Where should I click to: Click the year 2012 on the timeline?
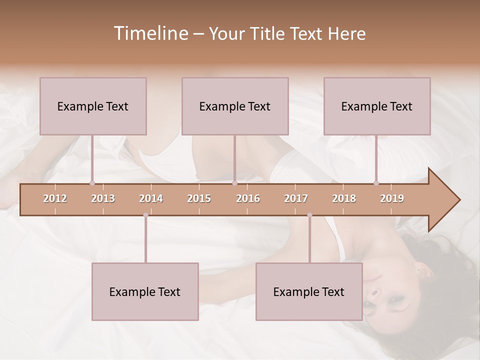55,198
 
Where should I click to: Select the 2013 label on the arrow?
103,198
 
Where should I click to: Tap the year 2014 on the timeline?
151,198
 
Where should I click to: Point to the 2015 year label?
199,198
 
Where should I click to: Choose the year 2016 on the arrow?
248,198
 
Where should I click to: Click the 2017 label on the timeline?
296,198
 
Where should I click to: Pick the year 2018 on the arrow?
344,198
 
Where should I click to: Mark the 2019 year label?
392,198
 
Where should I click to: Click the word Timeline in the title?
150,33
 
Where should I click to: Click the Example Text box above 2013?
93,106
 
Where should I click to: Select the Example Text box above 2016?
235,106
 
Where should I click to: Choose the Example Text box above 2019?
377,106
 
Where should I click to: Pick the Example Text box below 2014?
145,291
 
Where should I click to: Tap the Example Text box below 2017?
309,291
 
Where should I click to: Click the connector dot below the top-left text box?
92,183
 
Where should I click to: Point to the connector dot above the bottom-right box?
309,215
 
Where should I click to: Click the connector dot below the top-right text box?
376,183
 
